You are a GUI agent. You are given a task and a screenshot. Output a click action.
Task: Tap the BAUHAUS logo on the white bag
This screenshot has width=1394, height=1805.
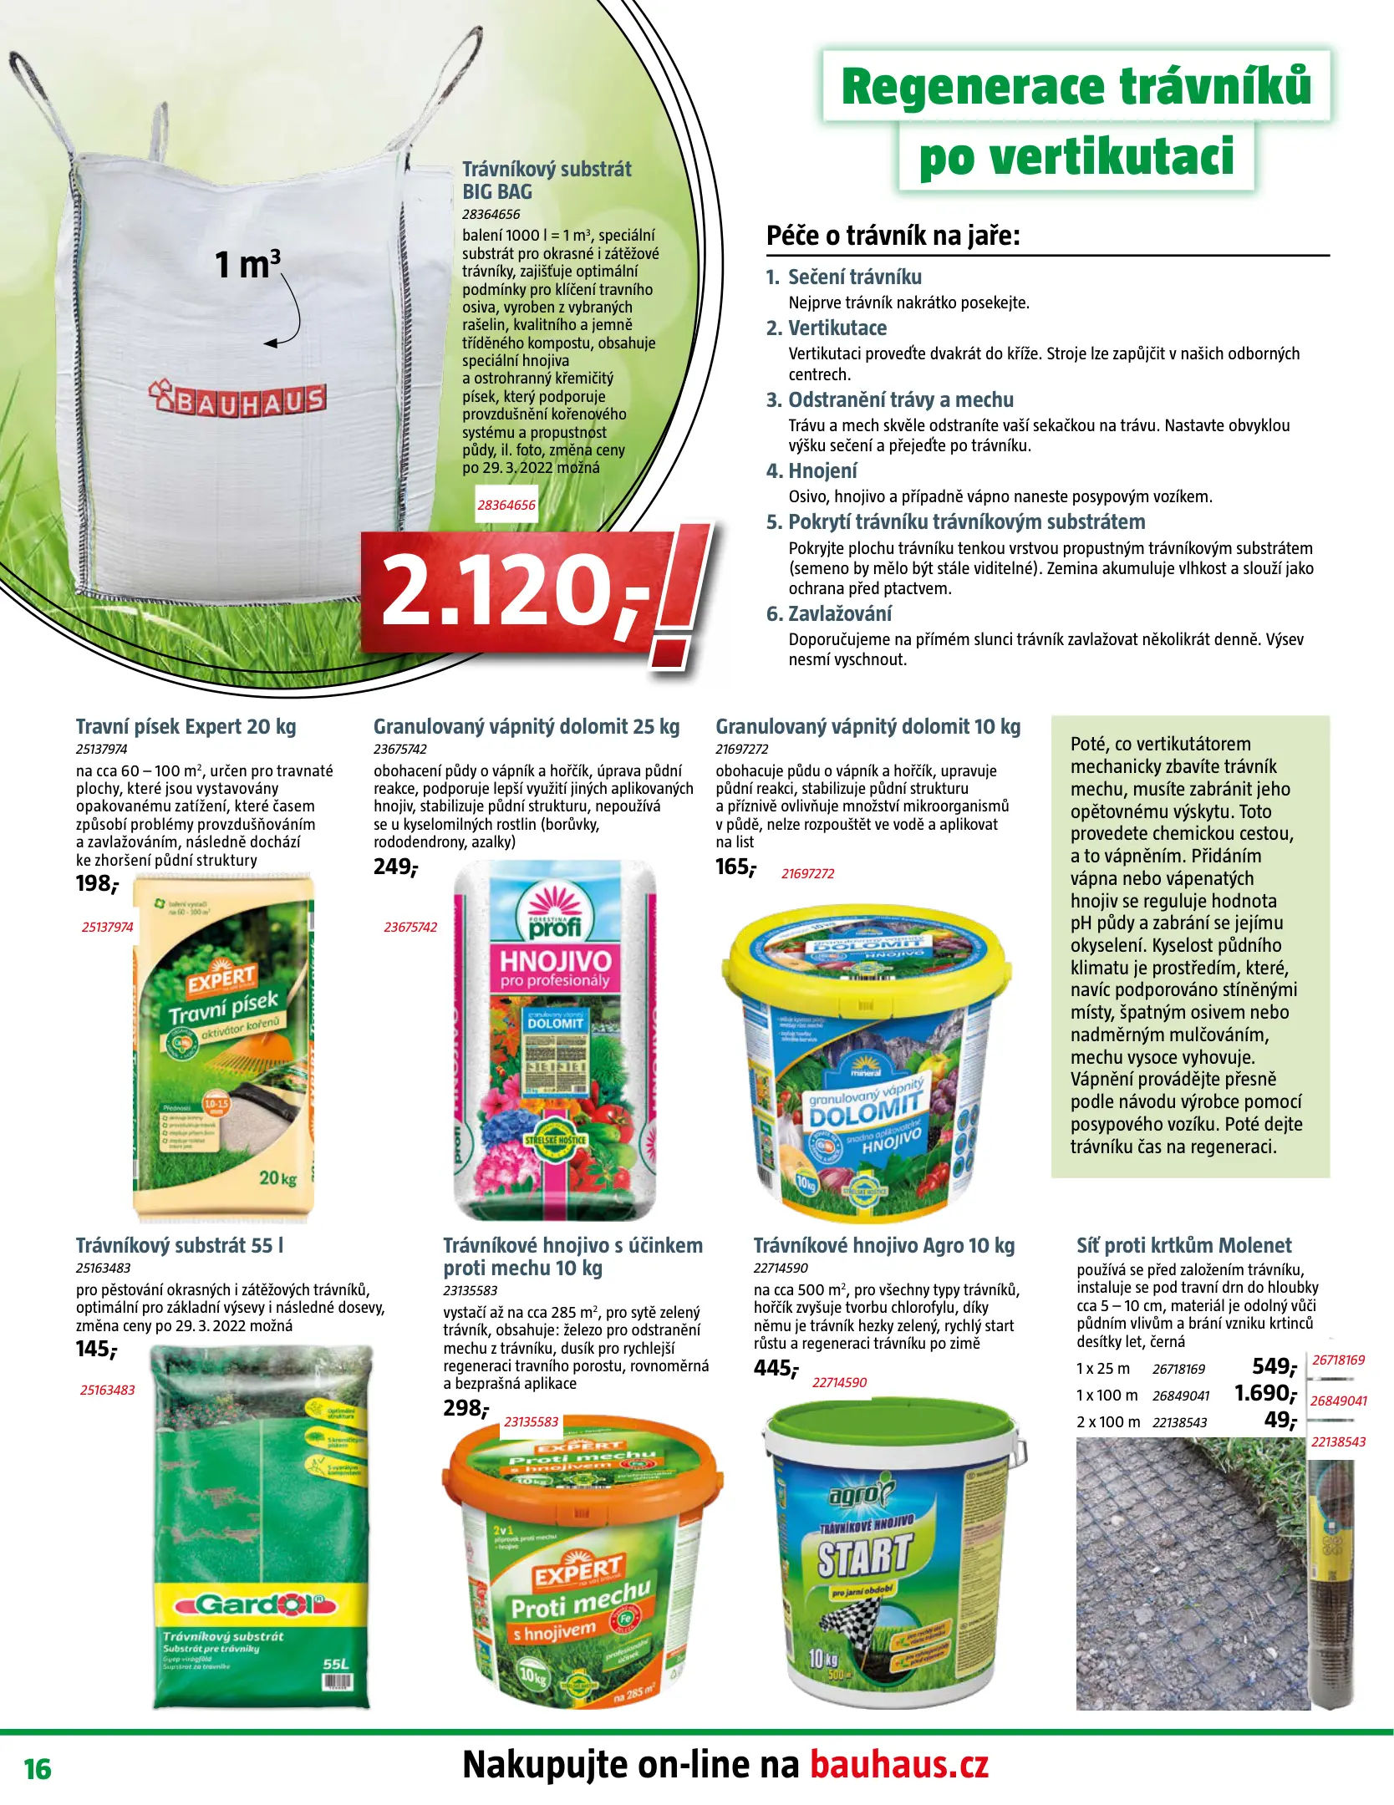[237, 399]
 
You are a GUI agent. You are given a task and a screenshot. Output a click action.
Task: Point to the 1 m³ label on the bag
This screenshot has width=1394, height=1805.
[247, 264]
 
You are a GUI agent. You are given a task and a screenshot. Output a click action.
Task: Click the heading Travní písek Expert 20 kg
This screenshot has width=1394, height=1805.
[186, 726]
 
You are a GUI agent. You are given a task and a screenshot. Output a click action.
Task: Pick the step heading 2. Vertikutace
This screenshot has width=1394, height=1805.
[826, 328]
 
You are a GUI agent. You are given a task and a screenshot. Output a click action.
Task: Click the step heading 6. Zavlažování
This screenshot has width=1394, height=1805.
[828, 613]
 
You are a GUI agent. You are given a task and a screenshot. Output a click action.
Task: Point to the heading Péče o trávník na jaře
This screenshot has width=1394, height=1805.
[893, 236]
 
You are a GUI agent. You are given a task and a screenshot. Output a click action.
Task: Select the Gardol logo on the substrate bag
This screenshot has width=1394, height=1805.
[255, 1604]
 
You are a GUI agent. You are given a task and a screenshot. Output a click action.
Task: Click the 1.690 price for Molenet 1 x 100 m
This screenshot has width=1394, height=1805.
[1264, 1393]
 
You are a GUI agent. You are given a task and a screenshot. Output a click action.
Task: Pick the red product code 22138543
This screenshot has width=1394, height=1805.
[1338, 1441]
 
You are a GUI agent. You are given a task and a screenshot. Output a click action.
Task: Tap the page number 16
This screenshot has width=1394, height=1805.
[38, 1769]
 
